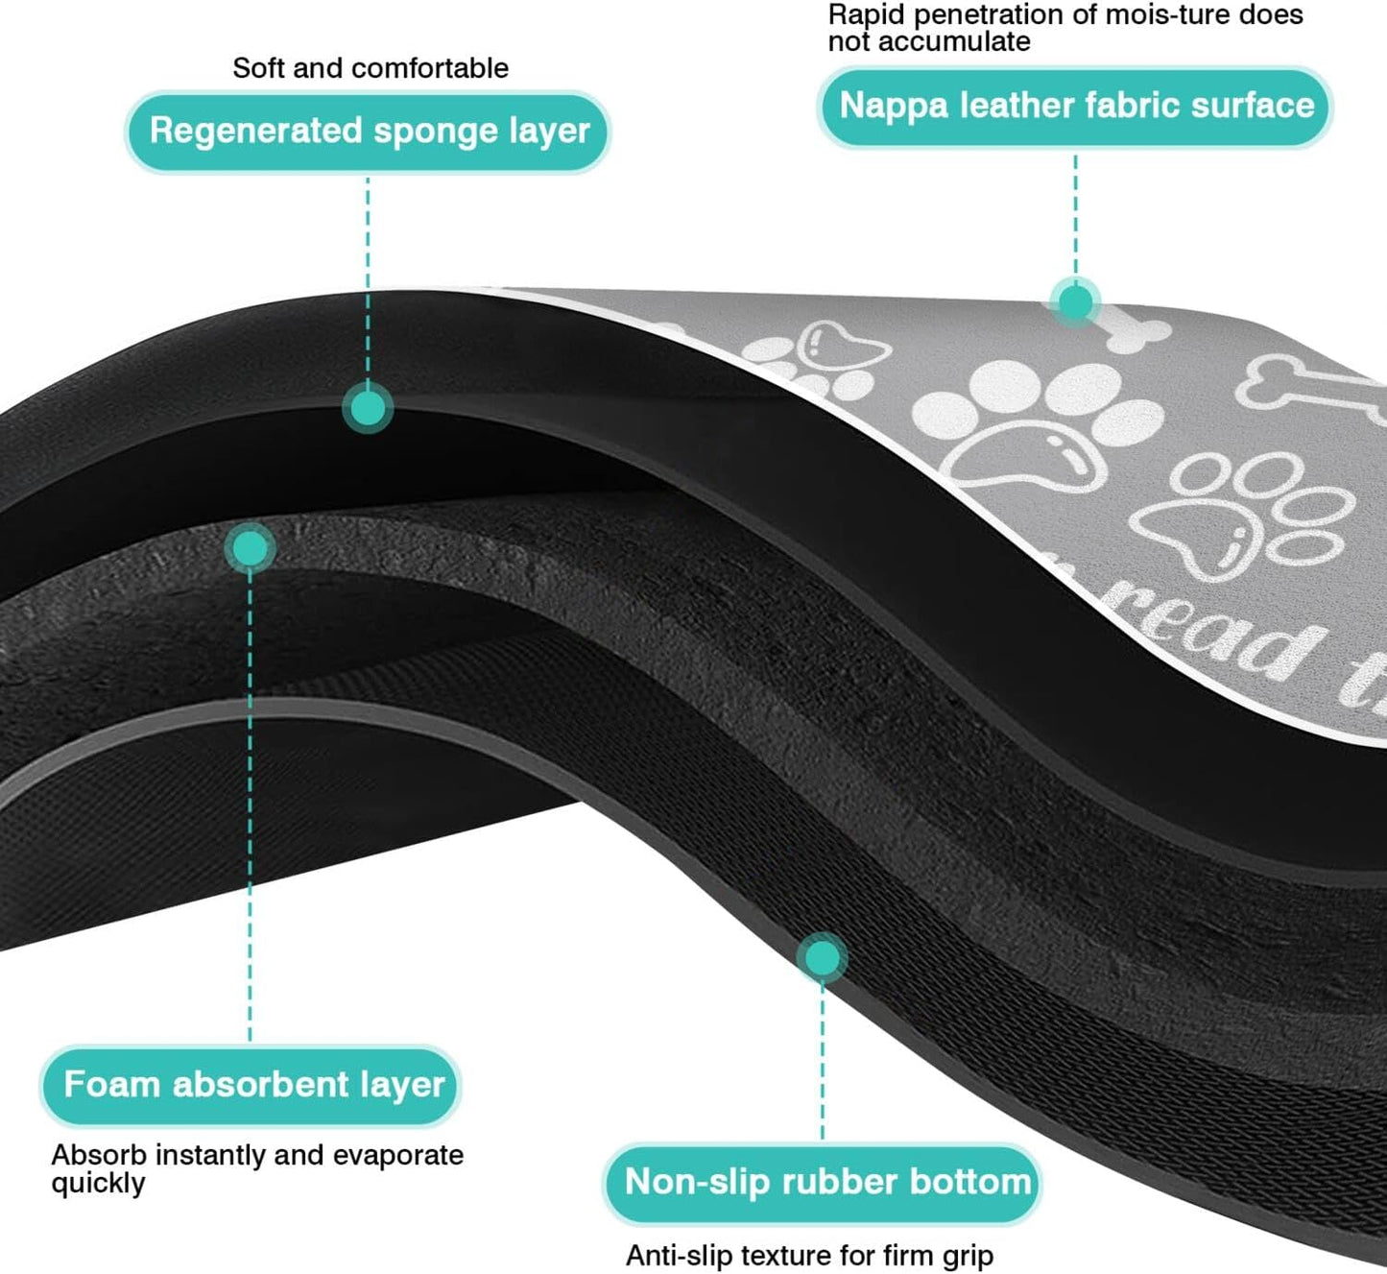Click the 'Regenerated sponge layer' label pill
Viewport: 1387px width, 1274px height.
pyautogui.click(x=369, y=132)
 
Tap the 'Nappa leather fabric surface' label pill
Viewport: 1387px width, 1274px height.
pyautogui.click(x=1075, y=106)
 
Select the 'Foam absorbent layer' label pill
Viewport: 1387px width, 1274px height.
pyautogui.click(x=251, y=1085)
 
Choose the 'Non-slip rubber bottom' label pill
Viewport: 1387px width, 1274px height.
pyautogui.click(x=824, y=1182)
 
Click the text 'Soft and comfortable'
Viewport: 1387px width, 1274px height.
pyautogui.click(x=371, y=68)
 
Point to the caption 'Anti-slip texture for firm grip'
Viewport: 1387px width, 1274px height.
pyautogui.click(x=809, y=1255)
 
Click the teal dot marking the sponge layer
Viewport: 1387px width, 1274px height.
pyautogui.click(x=368, y=408)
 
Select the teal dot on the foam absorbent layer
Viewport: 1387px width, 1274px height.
pyautogui.click(x=250, y=548)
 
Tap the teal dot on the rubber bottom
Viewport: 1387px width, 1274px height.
pyautogui.click(x=822, y=957)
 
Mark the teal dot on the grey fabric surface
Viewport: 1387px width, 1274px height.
pyautogui.click(x=1075, y=302)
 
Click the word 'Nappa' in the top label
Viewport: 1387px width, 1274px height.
pyautogui.click(x=894, y=106)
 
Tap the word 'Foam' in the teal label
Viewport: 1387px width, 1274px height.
pyautogui.click(x=111, y=1085)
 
